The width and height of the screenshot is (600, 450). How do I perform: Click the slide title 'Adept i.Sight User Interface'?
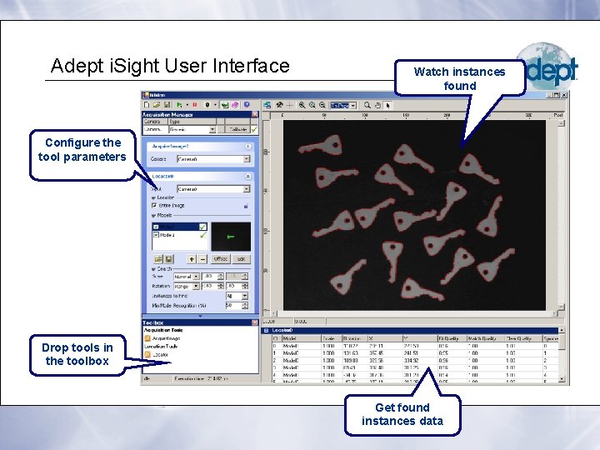pyautogui.click(x=170, y=66)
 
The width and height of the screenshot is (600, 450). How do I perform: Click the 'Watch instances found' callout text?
pyautogui.click(x=459, y=78)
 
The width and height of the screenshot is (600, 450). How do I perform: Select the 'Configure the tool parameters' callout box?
pyautogui.click(x=82, y=150)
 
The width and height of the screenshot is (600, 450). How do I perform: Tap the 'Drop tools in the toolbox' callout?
pyautogui.click(x=77, y=354)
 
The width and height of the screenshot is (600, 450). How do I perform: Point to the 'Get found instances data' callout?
pyautogui.click(x=402, y=414)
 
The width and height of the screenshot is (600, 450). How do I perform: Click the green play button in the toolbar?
pyautogui.click(x=178, y=105)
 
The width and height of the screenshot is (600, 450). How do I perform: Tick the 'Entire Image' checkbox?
pyautogui.click(x=154, y=205)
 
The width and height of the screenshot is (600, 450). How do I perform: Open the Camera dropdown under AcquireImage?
pyautogui.click(x=248, y=158)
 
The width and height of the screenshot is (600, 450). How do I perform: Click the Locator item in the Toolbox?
pyautogui.click(x=159, y=354)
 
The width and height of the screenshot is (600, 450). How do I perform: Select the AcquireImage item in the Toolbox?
pyautogui.click(x=166, y=339)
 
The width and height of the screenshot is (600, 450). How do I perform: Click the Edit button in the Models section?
pyautogui.click(x=240, y=259)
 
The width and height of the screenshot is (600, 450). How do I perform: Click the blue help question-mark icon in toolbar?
pyautogui.click(x=247, y=105)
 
